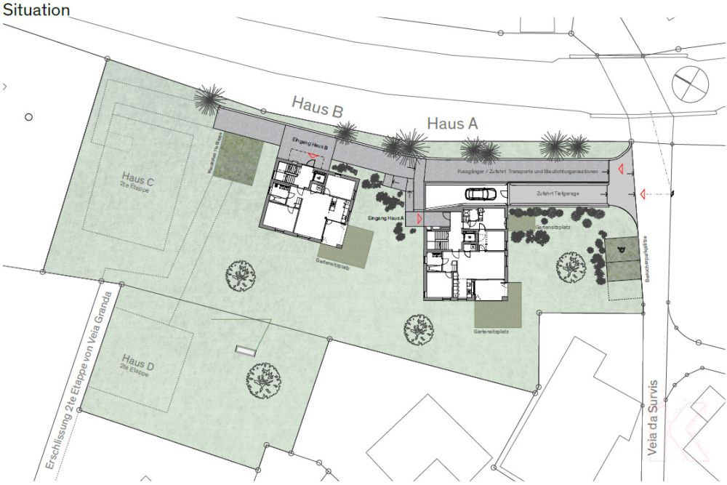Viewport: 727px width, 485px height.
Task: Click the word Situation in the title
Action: [36, 10]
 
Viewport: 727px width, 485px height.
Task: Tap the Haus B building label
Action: [318, 105]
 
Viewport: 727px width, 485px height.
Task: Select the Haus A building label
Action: [452, 124]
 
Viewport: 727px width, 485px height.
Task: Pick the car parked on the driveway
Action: [481, 194]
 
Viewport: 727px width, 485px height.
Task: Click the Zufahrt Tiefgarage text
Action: [558, 194]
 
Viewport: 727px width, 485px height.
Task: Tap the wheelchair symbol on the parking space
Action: [620, 249]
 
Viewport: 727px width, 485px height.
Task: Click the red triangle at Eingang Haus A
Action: [419, 218]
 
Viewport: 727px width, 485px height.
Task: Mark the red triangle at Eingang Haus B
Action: [311, 156]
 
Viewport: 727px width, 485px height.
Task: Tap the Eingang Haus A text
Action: [386, 218]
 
